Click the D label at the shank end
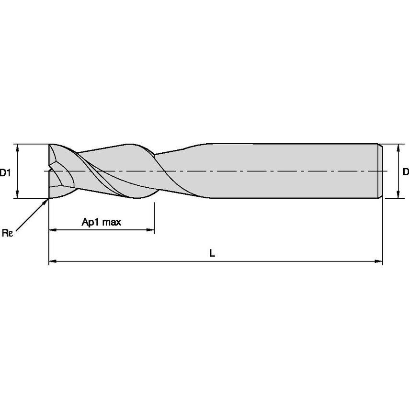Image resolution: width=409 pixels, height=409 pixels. pyautogui.click(x=405, y=171)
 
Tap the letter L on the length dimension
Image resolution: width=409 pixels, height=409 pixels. pyautogui.click(x=212, y=253)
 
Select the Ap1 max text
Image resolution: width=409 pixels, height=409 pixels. pyautogui.click(x=102, y=222)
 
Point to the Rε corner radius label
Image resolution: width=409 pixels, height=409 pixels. pyautogui.click(x=7, y=233)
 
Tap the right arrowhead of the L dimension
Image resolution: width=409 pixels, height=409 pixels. pyautogui.click(x=379, y=261)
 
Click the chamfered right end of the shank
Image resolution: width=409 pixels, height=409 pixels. pyautogui.click(x=380, y=171)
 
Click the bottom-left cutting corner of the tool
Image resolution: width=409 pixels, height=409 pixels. pyautogui.click(x=49, y=197)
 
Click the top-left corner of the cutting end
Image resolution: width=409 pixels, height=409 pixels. pyautogui.click(x=49, y=144)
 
